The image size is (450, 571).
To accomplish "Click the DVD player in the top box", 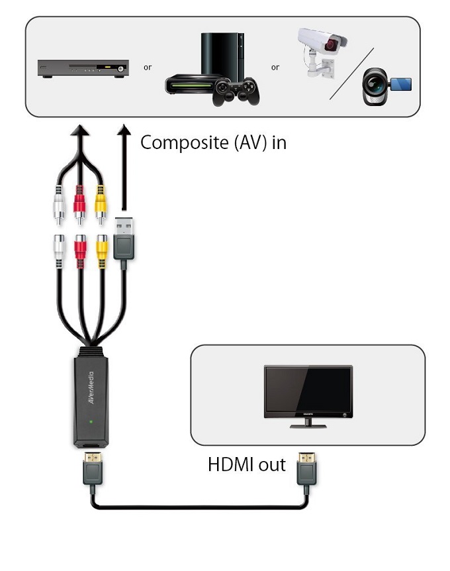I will (x=81, y=68).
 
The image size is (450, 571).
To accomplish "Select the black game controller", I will (x=235, y=91).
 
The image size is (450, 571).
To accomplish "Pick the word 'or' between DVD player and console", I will (x=148, y=68).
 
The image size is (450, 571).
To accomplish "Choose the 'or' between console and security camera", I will (x=275, y=68).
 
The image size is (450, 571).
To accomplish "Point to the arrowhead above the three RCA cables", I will (x=79, y=131).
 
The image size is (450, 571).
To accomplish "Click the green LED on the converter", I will (x=90, y=421).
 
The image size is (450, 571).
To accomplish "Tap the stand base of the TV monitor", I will (x=308, y=425).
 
